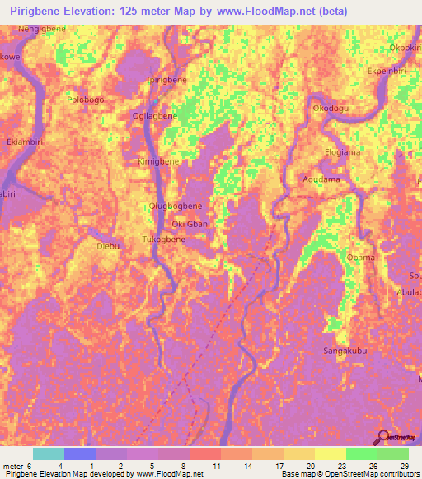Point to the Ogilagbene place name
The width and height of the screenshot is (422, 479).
[155, 116]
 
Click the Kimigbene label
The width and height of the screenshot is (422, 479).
[158, 163]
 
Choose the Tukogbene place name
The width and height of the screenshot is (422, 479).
[163, 239]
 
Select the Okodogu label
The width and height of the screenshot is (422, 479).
[331, 108]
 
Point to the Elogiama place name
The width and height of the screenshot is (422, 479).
[343, 152]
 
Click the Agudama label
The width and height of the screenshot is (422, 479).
[321, 179]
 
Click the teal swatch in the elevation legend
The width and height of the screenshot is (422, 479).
[48, 453]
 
